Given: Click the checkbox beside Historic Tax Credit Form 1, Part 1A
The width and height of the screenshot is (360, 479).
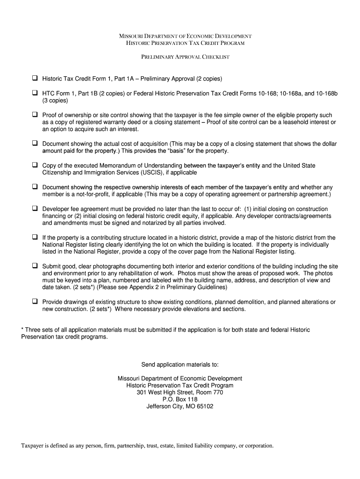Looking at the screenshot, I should (x=35, y=78).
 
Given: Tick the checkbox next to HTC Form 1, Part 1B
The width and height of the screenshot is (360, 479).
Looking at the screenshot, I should (x=35, y=93).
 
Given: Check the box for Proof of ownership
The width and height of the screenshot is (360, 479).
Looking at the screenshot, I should (x=35, y=115).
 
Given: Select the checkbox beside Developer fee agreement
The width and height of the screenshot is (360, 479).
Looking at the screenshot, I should (x=35, y=209).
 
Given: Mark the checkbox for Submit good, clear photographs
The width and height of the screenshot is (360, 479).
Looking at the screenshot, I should (x=35, y=266).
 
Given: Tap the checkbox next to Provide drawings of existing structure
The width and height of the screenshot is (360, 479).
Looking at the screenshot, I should (x=35, y=302).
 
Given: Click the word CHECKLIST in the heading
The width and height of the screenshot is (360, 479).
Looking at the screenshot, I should (x=215, y=57).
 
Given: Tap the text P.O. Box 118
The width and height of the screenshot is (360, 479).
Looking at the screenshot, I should (x=180, y=399).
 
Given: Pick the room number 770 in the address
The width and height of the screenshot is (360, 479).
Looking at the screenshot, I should (x=217, y=392).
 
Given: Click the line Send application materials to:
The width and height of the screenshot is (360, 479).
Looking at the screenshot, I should (x=180, y=365).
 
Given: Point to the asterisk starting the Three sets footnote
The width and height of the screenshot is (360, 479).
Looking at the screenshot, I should (x=22, y=330).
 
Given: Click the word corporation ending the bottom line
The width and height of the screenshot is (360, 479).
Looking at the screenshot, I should (x=258, y=446).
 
